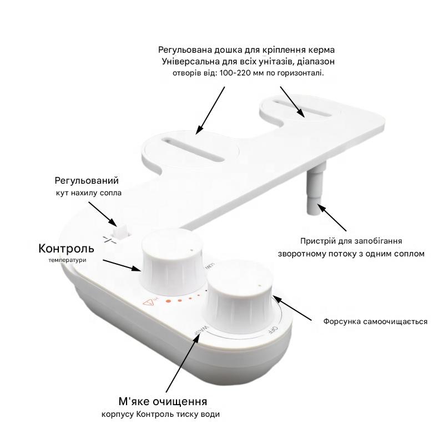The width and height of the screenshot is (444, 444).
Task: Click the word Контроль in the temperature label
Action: (66, 249)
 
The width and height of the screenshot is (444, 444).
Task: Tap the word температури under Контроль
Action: (67, 260)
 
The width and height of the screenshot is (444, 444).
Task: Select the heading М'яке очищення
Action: (163, 401)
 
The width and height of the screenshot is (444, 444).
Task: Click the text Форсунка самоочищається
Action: (375, 322)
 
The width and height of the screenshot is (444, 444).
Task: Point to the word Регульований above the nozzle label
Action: (87, 181)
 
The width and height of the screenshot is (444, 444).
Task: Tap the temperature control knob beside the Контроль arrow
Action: (171, 262)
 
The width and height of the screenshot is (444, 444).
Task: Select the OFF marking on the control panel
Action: (273, 330)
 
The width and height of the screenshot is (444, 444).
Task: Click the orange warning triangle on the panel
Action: (149, 303)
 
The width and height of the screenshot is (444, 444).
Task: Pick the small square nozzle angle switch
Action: (120, 231)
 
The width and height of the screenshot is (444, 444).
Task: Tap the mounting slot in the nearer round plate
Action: (193, 149)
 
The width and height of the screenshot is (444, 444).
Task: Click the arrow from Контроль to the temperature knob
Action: (121, 265)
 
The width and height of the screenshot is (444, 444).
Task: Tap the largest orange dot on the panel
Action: (169, 301)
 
